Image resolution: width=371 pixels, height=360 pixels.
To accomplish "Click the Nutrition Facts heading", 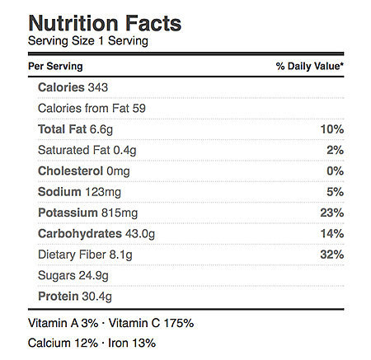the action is tap(105, 23).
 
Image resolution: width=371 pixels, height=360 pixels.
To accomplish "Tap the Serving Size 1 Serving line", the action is tap(88, 41).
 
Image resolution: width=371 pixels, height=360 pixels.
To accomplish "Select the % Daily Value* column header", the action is tap(310, 66).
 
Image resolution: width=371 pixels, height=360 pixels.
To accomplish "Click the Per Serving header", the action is tap(55, 66).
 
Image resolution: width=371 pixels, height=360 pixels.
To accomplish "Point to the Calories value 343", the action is tap(98, 87).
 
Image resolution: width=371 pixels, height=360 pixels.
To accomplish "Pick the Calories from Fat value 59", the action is tap(139, 109).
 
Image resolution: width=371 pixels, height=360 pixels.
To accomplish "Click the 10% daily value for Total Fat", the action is tap(332, 129).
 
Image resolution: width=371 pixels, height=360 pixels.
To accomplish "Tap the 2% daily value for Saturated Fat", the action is tap(335, 150).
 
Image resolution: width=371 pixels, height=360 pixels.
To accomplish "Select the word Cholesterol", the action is tap(71, 171).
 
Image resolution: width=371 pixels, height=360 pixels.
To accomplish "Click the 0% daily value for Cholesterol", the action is tap(335, 171).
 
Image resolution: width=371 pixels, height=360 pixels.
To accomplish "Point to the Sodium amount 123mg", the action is tap(103, 192).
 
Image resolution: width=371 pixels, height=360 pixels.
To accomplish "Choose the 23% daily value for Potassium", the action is tap(332, 213).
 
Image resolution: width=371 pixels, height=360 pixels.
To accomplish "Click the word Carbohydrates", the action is tap(80, 234).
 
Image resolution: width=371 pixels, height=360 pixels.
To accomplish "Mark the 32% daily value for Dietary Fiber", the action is tap(332, 255).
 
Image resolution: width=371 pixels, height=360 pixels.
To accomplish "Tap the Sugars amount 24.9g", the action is tap(94, 276).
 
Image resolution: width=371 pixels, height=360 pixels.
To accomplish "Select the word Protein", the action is tap(59, 297).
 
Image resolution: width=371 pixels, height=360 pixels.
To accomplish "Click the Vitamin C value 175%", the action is tap(179, 323).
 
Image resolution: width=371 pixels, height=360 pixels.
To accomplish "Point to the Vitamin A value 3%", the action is tap(90, 323).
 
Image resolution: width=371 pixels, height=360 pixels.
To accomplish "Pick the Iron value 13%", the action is tap(144, 344).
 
